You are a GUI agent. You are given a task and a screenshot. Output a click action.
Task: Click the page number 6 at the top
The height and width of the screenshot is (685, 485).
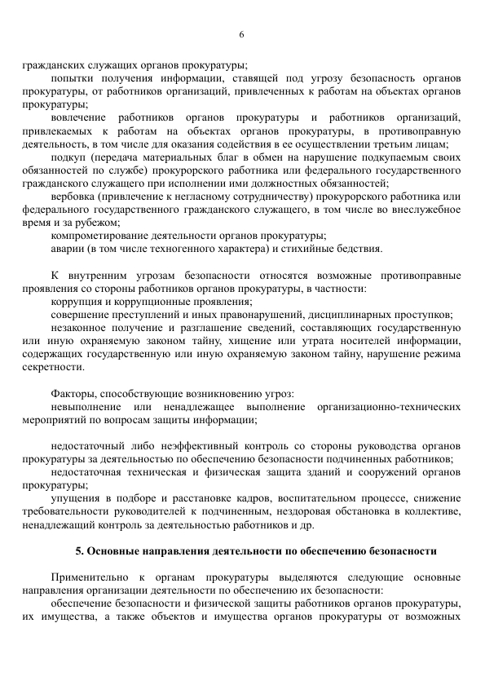(242, 34)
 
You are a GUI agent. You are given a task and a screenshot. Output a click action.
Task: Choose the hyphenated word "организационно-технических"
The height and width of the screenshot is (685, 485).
(389, 407)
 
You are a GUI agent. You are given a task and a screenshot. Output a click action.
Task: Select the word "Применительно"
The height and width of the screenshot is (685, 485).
(89, 577)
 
